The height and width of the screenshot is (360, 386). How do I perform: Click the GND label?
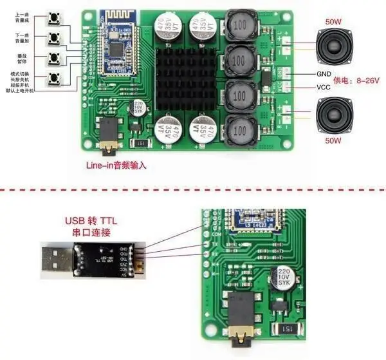(x=324, y=74)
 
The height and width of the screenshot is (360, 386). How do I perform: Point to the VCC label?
(x=324, y=87)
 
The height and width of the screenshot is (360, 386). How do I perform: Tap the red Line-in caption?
(x=116, y=166)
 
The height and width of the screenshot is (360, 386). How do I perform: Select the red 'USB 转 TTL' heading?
(x=96, y=222)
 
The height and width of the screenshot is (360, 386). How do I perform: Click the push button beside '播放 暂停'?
(x=53, y=58)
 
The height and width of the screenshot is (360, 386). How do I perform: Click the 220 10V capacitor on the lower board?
(x=285, y=278)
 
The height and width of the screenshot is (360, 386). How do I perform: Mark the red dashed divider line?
(x=193, y=189)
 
